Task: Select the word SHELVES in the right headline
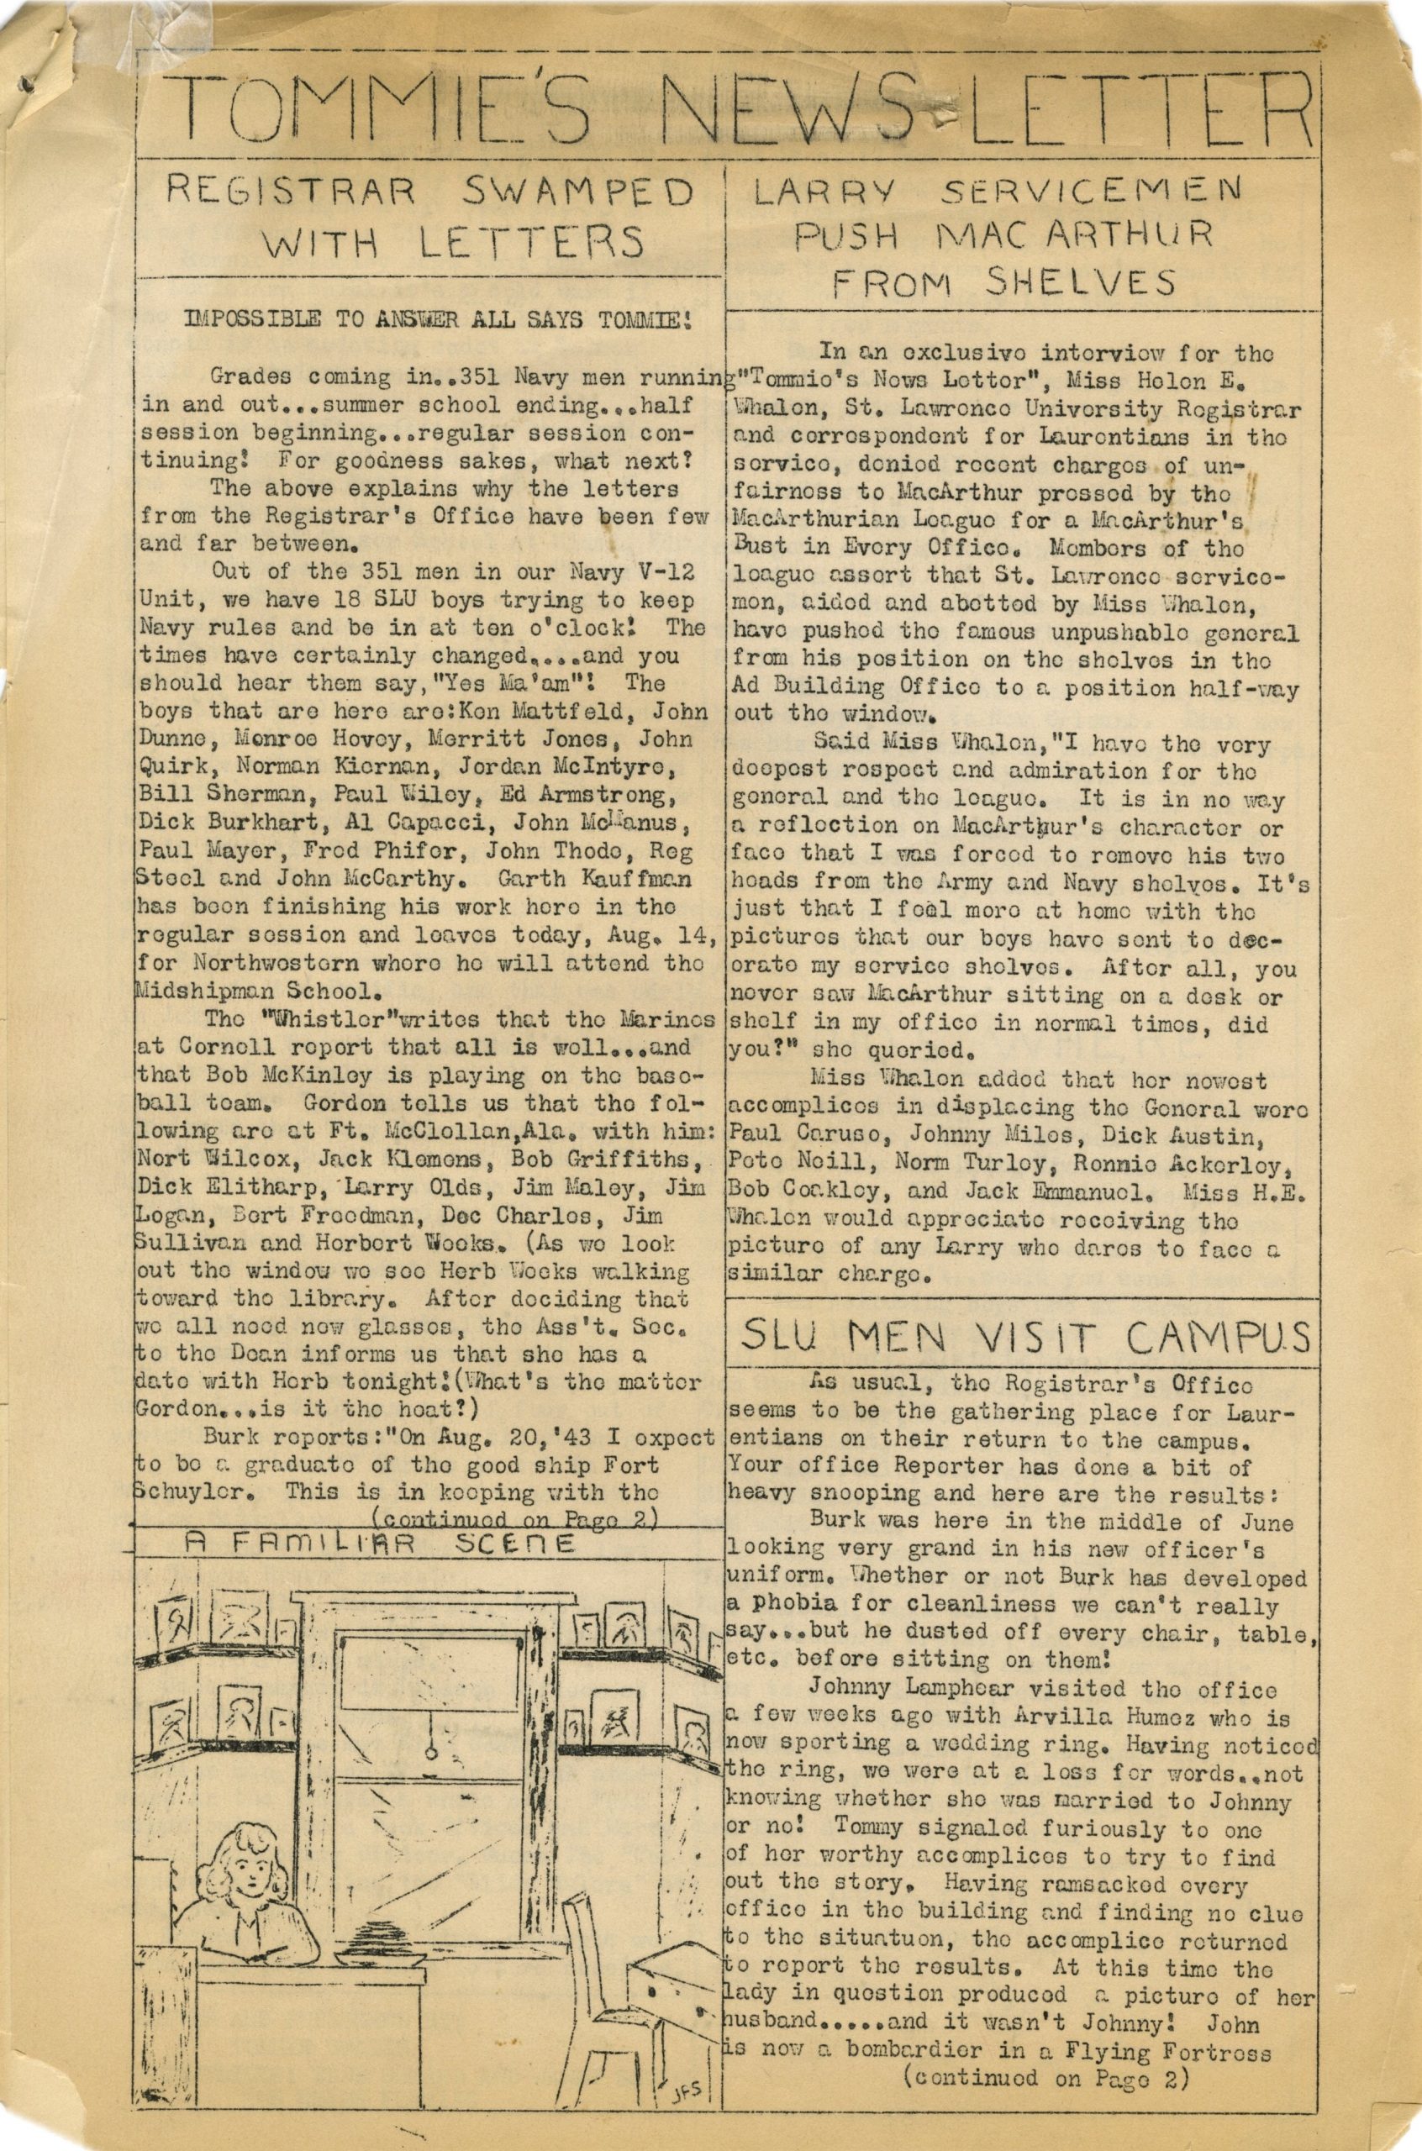coord(1085,283)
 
